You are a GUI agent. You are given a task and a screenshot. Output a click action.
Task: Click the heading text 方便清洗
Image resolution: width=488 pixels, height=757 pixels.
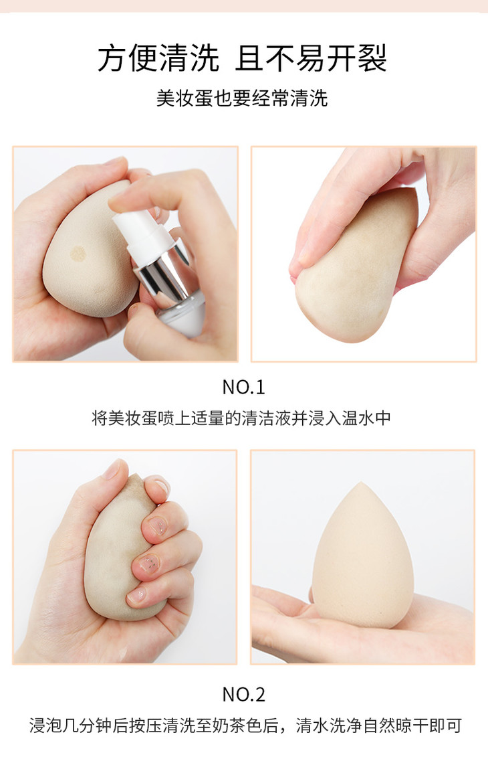158,58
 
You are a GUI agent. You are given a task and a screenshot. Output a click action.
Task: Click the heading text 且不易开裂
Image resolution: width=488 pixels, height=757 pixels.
311,58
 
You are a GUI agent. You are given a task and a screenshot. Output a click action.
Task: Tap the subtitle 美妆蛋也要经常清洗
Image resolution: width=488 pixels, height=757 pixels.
242,98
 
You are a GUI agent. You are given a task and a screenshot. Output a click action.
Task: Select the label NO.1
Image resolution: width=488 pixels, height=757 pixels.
243,387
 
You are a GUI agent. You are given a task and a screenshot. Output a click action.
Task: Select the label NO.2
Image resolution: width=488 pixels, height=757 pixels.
243,694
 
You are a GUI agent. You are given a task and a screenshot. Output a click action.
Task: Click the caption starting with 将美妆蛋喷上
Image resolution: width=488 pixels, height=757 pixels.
241,418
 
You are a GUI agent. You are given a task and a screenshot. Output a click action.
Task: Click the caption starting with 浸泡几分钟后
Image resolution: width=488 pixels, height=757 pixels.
245,726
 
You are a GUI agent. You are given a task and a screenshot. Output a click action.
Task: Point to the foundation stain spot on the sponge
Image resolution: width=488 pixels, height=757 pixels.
78,253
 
